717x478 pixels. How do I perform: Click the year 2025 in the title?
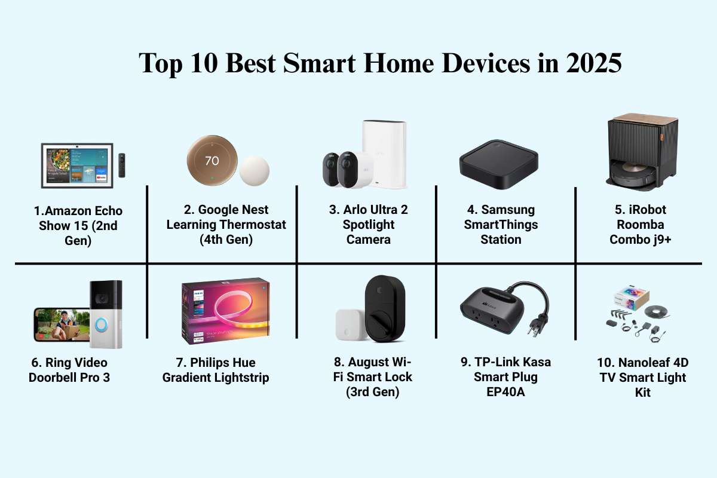tap(594, 63)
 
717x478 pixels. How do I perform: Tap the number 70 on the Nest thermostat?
tap(212, 161)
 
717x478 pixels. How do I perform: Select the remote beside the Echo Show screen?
tap(122, 165)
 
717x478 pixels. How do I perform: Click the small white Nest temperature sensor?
tap(254, 171)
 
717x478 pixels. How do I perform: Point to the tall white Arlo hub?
tap(384, 154)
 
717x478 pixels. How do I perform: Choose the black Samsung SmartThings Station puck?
tap(499, 164)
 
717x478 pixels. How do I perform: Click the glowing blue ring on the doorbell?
tap(101, 324)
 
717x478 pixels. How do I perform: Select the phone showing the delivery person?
tap(62, 324)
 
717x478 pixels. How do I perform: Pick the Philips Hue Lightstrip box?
tap(225, 311)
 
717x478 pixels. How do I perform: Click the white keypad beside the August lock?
tap(351, 324)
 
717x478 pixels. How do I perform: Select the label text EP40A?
tap(505, 392)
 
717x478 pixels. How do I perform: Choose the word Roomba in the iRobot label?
tap(640, 225)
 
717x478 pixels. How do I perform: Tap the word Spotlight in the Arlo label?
tap(369, 225)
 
